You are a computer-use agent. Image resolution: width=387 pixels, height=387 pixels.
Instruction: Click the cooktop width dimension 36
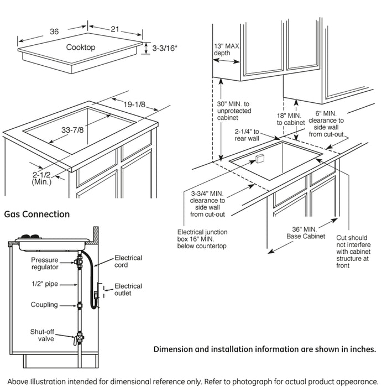(x=54, y=32)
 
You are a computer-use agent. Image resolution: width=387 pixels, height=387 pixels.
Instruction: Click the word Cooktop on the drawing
(x=81, y=48)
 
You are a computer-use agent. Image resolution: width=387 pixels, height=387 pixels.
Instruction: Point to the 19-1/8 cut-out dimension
(x=134, y=104)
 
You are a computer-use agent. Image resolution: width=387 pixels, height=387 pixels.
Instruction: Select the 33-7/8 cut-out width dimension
(x=73, y=130)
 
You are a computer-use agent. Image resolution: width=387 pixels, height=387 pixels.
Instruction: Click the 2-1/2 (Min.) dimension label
(x=41, y=177)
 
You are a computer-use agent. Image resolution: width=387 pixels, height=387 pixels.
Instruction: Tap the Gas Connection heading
(x=37, y=214)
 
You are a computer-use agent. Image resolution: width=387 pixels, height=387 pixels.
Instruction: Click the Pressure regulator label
(x=44, y=263)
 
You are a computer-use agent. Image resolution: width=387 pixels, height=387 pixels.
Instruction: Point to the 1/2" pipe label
(x=45, y=284)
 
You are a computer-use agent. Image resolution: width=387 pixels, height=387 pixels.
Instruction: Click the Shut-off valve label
(x=43, y=335)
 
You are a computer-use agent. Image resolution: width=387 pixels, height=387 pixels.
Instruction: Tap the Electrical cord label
(x=128, y=261)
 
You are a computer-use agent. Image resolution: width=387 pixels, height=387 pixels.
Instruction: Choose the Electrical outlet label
(x=128, y=290)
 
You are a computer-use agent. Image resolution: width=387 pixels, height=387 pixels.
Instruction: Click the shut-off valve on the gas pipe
(x=81, y=337)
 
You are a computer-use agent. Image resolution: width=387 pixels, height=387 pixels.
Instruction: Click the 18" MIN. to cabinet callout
(x=291, y=118)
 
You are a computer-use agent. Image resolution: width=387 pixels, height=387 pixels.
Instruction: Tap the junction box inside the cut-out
(x=260, y=160)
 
